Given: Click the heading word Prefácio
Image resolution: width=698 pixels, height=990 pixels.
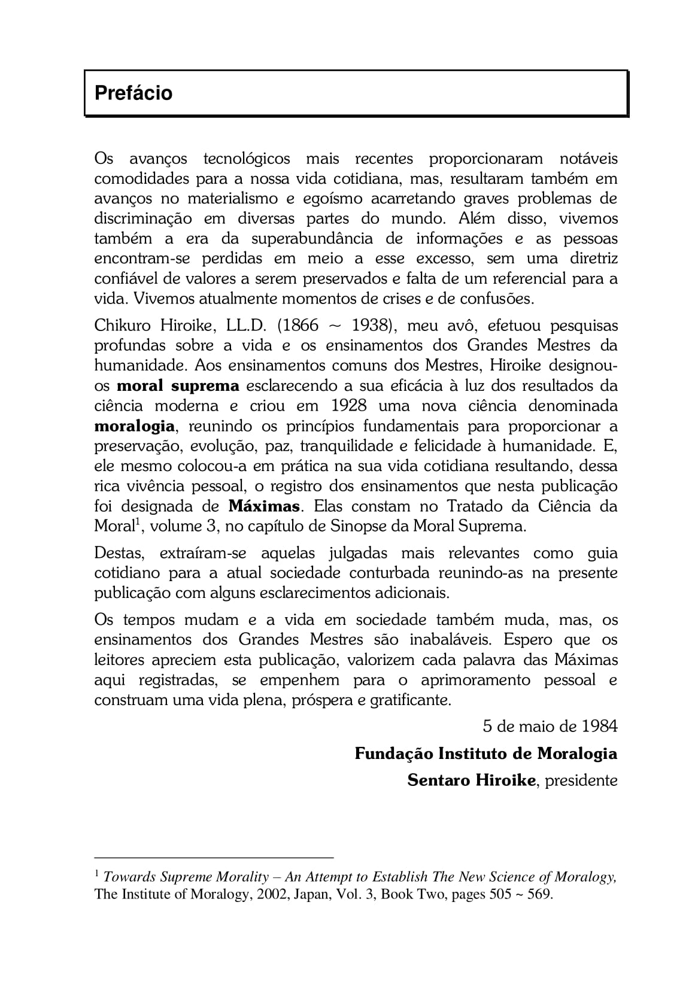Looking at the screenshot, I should pyautogui.click(x=133, y=93).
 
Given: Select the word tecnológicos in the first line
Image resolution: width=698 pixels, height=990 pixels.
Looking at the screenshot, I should pyautogui.click(x=247, y=159).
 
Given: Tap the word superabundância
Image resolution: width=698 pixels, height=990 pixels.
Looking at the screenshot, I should pyautogui.click(x=311, y=239).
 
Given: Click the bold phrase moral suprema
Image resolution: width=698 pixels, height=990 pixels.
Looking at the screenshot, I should pyautogui.click(x=178, y=385).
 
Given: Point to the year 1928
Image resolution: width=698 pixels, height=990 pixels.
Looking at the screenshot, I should pyautogui.click(x=348, y=406).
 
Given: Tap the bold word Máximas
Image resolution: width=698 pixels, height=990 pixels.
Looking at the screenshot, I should pyautogui.click(x=264, y=506).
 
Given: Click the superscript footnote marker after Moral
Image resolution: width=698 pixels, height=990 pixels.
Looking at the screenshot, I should pyautogui.click(x=137, y=523).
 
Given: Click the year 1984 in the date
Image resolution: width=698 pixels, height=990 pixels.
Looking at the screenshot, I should pyautogui.click(x=599, y=726).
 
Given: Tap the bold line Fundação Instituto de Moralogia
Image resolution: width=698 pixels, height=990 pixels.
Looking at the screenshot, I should pyautogui.click(x=485, y=753).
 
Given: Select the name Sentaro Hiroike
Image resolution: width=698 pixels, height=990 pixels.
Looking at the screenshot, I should pyautogui.click(x=471, y=781).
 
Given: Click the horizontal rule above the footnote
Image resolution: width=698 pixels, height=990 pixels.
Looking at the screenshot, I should pyautogui.click(x=214, y=857).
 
